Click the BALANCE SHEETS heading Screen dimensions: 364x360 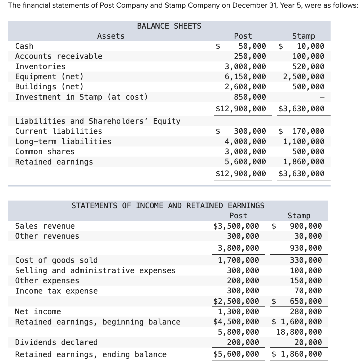click(169, 26)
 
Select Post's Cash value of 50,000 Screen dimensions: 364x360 click(252, 46)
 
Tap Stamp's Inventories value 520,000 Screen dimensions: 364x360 click(308, 66)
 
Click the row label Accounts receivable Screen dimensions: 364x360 click(59, 56)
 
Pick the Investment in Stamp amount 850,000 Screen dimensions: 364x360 click(250, 97)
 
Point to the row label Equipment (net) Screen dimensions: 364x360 click(49, 77)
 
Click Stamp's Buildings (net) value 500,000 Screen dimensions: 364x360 click(308, 87)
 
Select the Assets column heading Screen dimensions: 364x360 click(111, 36)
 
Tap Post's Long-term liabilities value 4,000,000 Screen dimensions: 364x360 click(245, 141)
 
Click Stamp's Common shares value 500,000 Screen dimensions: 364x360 click(308, 152)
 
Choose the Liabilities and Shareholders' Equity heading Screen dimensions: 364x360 click(98, 121)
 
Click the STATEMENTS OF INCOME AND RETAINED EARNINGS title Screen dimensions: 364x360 click(168, 206)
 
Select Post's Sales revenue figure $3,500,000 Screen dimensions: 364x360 click(236, 226)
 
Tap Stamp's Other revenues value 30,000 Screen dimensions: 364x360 click(308, 236)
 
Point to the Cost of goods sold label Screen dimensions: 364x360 click(56, 260)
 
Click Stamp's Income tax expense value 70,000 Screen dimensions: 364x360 click(308, 291)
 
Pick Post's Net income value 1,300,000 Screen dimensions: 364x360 click(238, 312)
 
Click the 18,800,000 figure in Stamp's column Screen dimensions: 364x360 click(299, 332)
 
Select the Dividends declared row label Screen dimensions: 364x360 click(56, 342)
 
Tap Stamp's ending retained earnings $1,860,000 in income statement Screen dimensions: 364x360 click(297, 354)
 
